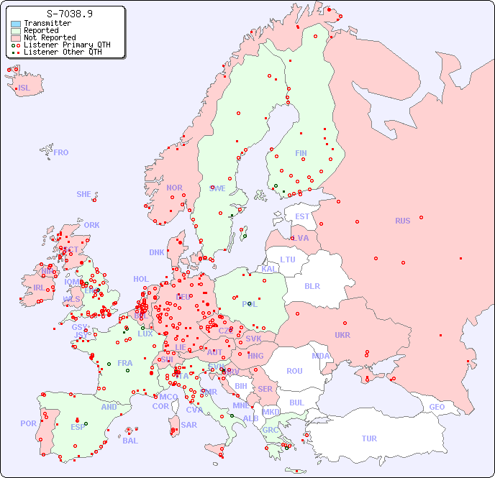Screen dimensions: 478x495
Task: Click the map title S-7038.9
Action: (x=69, y=13)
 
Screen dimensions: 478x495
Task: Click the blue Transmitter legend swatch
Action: (x=16, y=24)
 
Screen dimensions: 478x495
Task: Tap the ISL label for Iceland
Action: (x=24, y=88)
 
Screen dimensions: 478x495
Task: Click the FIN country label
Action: (x=301, y=153)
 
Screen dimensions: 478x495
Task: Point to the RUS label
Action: (x=402, y=221)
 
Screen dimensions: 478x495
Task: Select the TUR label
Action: (x=369, y=438)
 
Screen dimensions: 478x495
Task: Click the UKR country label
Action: (x=342, y=335)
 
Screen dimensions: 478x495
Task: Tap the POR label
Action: (x=28, y=423)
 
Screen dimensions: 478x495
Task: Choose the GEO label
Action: (x=437, y=407)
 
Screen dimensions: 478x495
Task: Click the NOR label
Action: (x=174, y=188)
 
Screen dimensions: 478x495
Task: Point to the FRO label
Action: (x=61, y=152)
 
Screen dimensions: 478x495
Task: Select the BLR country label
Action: (x=312, y=285)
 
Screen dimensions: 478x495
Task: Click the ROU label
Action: (x=294, y=371)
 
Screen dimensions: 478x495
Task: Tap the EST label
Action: (x=302, y=216)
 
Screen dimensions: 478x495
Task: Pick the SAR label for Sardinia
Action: (x=189, y=425)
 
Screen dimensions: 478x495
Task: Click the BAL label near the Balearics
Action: (x=130, y=441)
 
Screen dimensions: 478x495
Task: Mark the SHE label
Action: (x=84, y=194)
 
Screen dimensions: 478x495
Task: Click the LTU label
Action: (x=288, y=259)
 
